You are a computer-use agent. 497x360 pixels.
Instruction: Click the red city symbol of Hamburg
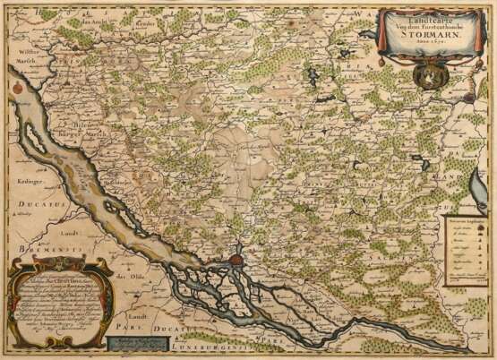pyautogui.click(x=235, y=261)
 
